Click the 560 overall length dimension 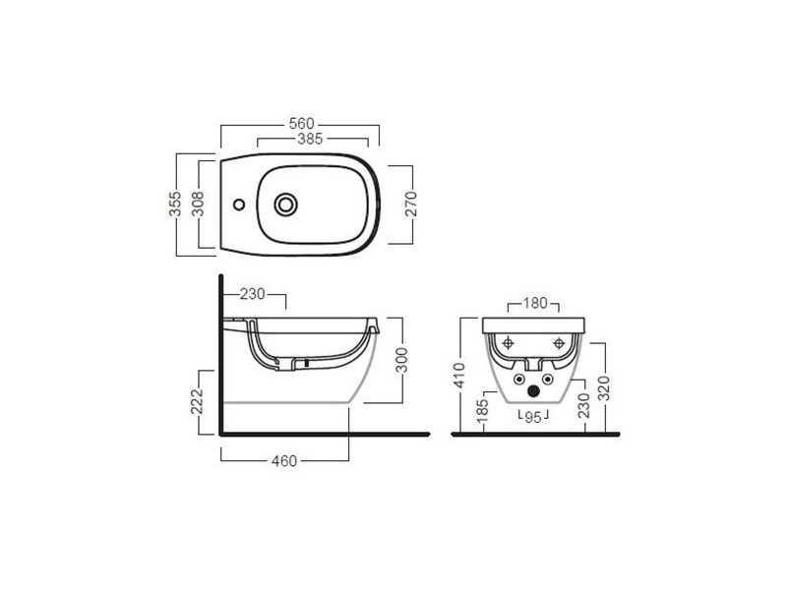coord(301,124)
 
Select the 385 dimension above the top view coord(310,139)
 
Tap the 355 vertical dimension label coord(175,204)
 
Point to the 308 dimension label coord(199,204)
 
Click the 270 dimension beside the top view coord(411,204)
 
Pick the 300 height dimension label coord(402,360)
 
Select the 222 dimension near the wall coord(197,401)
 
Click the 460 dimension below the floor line coord(284,460)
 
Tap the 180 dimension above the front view coord(535,303)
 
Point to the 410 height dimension coord(459,376)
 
